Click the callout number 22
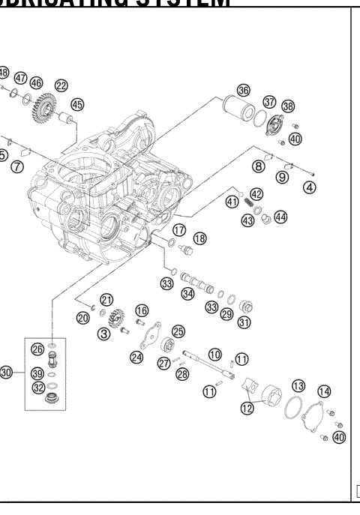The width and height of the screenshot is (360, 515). [x=61, y=86]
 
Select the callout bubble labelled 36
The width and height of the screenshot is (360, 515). [x=243, y=90]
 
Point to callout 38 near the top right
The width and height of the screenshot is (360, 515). [x=288, y=107]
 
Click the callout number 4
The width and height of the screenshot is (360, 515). [x=309, y=188]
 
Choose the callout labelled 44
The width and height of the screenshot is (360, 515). [x=280, y=217]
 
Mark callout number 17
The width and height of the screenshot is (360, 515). [x=180, y=229]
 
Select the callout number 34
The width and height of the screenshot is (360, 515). [x=187, y=294]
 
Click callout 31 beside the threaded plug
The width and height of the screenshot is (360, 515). [x=244, y=322]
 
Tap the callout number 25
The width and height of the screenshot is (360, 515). [x=178, y=331]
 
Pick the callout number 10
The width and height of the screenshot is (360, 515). [x=214, y=354]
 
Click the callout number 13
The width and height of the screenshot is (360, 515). [x=298, y=385]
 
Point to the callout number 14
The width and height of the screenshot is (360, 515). [x=324, y=391]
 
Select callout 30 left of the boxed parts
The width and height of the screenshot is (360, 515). [x=7, y=372]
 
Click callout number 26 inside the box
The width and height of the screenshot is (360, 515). [x=37, y=349]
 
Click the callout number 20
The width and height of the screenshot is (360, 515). [x=82, y=317]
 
